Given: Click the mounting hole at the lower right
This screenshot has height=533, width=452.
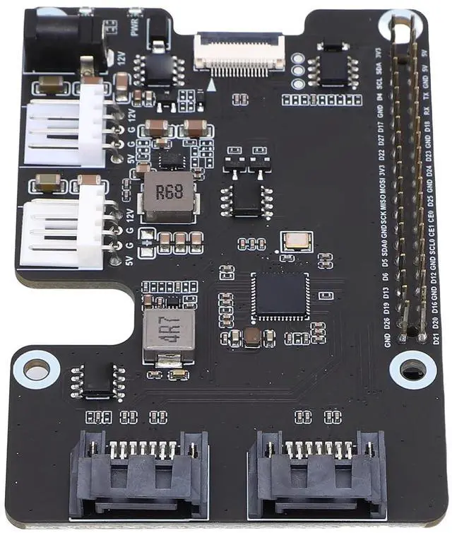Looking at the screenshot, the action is (x=412, y=368).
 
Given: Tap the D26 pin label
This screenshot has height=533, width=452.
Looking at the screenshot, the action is (x=387, y=324).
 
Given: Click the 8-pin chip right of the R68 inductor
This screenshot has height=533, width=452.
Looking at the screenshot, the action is (x=246, y=200).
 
